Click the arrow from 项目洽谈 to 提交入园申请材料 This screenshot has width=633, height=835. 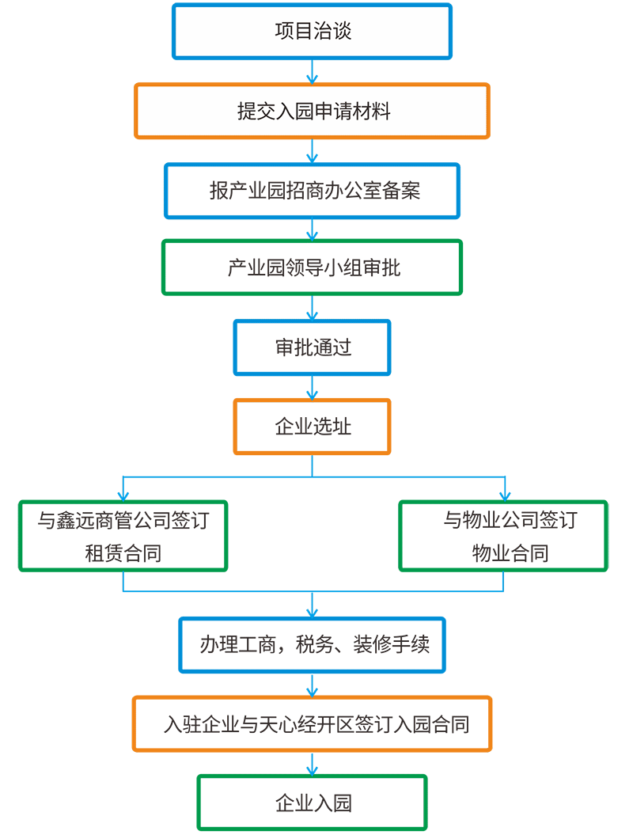[x=312, y=71]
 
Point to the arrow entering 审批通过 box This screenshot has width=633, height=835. [x=312, y=307]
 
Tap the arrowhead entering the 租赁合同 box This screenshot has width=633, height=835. [x=123, y=496]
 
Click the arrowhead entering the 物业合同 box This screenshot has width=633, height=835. [x=505, y=496]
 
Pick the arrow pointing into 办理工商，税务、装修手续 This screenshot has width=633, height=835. [x=312, y=605]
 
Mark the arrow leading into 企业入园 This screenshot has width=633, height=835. [x=312, y=763]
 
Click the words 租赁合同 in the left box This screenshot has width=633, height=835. [x=123, y=553]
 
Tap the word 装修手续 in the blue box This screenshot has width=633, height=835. [x=392, y=645]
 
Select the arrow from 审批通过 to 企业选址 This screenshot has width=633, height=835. [x=312, y=388]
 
